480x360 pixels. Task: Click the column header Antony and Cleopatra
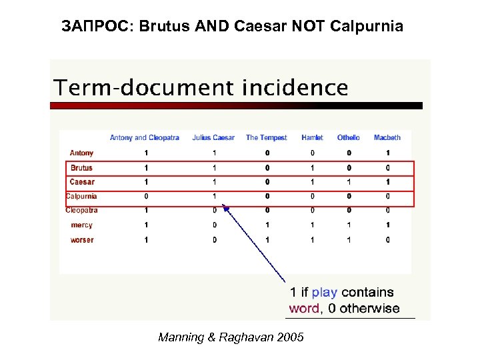(x=144, y=138)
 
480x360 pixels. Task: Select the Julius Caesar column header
(x=213, y=138)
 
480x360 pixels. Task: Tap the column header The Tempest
(x=266, y=138)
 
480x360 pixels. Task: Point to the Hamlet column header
(x=312, y=138)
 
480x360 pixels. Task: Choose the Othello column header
(x=348, y=138)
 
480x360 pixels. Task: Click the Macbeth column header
(x=387, y=138)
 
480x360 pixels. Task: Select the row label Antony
(x=82, y=153)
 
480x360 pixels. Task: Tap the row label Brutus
(x=81, y=168)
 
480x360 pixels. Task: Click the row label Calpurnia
(x=81, y=196)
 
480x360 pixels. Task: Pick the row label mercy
(x=81, y=225)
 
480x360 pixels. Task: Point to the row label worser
(x=82, y=240)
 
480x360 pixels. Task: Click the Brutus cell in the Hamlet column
(x=312, y=168)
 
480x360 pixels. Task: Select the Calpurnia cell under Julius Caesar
(x=215, y=196)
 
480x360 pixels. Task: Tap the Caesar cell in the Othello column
(x=349, y=182)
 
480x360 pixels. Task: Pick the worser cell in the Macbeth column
(x=388, y=240)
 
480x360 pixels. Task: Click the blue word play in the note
(x=325, y=292)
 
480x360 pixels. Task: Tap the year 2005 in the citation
(x=289, y=337)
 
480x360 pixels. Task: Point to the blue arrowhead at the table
(x=226, y=209)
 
